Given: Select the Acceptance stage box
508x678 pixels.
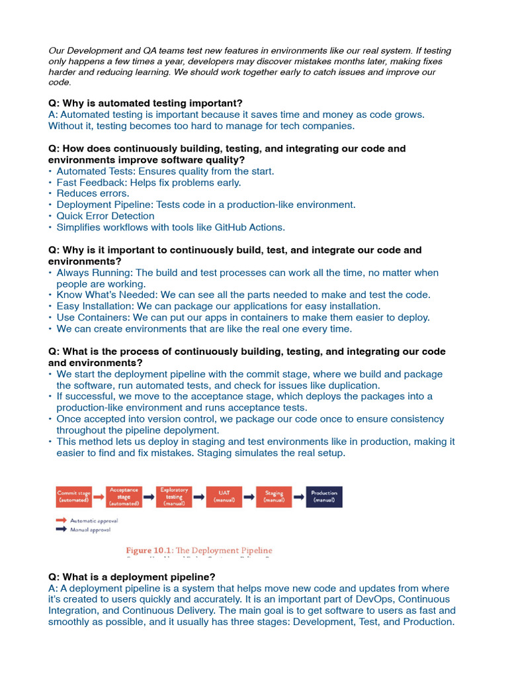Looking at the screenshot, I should pos(124,497).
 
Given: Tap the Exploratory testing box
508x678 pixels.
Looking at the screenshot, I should pos(174,497).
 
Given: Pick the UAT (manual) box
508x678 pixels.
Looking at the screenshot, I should pos(224,497).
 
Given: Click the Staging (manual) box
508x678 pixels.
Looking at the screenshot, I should pos(274,497).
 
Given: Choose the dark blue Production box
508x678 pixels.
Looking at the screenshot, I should pos(324,497).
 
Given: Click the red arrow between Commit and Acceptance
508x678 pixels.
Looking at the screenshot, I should pos(98,497).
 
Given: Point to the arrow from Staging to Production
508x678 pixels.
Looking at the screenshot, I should pos(299,497).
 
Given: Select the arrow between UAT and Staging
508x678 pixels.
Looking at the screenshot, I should pos(249,497).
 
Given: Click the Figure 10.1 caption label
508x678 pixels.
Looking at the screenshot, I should pos(198,550).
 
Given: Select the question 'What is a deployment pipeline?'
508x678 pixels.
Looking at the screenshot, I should pos(132,577).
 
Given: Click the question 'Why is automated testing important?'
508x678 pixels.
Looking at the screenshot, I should pos(145,103).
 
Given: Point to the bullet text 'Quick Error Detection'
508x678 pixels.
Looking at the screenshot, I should pos(105,216).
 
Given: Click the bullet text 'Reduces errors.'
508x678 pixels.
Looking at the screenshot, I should pos(93,193).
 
